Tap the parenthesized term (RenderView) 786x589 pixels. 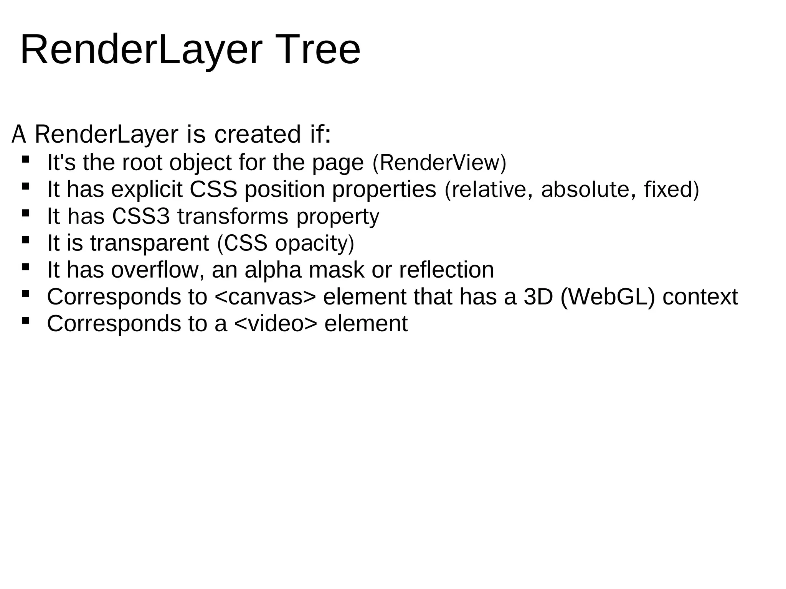pos(439,163)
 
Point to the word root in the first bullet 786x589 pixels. pos(142,163)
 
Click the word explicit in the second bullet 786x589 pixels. pos(147,189)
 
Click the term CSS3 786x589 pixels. pos(141,216)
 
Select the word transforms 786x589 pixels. pos(233,216)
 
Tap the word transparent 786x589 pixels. pos(150,243)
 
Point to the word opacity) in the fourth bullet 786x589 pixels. pos(314,243)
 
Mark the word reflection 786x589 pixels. pos(446,270)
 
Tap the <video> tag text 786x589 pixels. pos(276,324)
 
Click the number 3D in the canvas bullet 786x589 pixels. pos(538,297)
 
